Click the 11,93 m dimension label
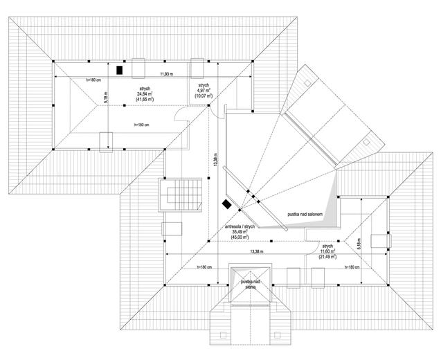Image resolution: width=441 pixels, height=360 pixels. click(167, 73)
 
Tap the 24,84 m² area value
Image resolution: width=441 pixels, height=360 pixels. click(145, 94)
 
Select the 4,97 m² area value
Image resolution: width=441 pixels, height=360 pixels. click(204, 90)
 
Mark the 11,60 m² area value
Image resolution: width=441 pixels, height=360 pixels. click(327, 251)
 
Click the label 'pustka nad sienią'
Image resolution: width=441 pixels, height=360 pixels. click(246, 284)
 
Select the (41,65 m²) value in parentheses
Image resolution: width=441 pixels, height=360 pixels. click(145, 100)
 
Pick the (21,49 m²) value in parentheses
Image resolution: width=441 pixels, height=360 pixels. click(327, 257)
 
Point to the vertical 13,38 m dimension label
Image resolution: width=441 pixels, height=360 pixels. click(215, 161)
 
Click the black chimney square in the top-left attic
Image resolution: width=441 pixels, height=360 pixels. click(120, 69)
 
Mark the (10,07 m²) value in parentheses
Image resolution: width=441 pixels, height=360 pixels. click(204, 96)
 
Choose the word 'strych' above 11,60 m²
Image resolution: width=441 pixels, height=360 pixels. click(327, 246)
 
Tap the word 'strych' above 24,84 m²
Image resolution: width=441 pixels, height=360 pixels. click(145, 89)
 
